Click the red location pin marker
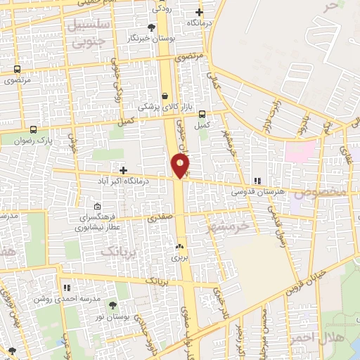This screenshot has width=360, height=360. pos(181,166)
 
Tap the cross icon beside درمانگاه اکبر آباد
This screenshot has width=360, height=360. pos(123,170)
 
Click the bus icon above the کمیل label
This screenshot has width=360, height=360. pos(202,114)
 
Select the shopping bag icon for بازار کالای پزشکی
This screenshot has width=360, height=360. pos(165,96)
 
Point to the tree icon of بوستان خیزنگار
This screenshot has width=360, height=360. pos(150,27)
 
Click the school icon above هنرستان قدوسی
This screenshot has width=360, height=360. pos(257,181)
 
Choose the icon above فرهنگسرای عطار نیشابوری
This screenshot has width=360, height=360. pos(97,207)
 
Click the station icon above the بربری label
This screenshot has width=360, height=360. pos(179,247)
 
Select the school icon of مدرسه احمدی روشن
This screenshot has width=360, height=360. pos(67,288)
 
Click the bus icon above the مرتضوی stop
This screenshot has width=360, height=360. pos(17,70)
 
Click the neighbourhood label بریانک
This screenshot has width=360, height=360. pos(116,250)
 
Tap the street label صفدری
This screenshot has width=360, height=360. pos(160,219)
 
